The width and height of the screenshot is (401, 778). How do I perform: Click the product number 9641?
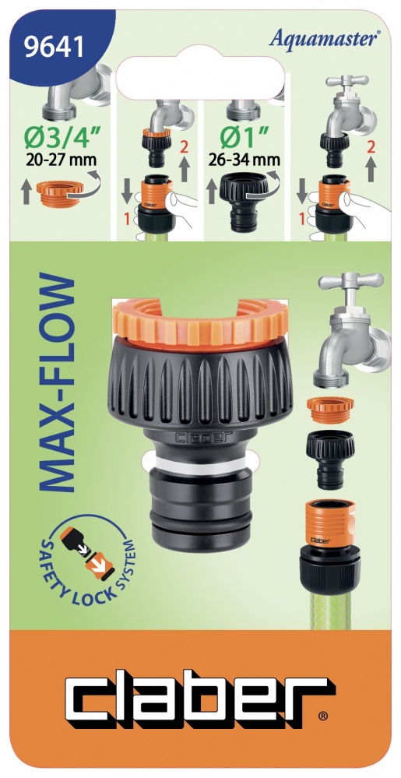[55, 49]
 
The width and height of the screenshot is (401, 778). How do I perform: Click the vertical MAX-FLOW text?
[55, 382]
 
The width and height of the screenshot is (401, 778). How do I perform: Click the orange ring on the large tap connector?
[200, 325]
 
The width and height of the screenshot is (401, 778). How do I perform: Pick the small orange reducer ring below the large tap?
[330, 410]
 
